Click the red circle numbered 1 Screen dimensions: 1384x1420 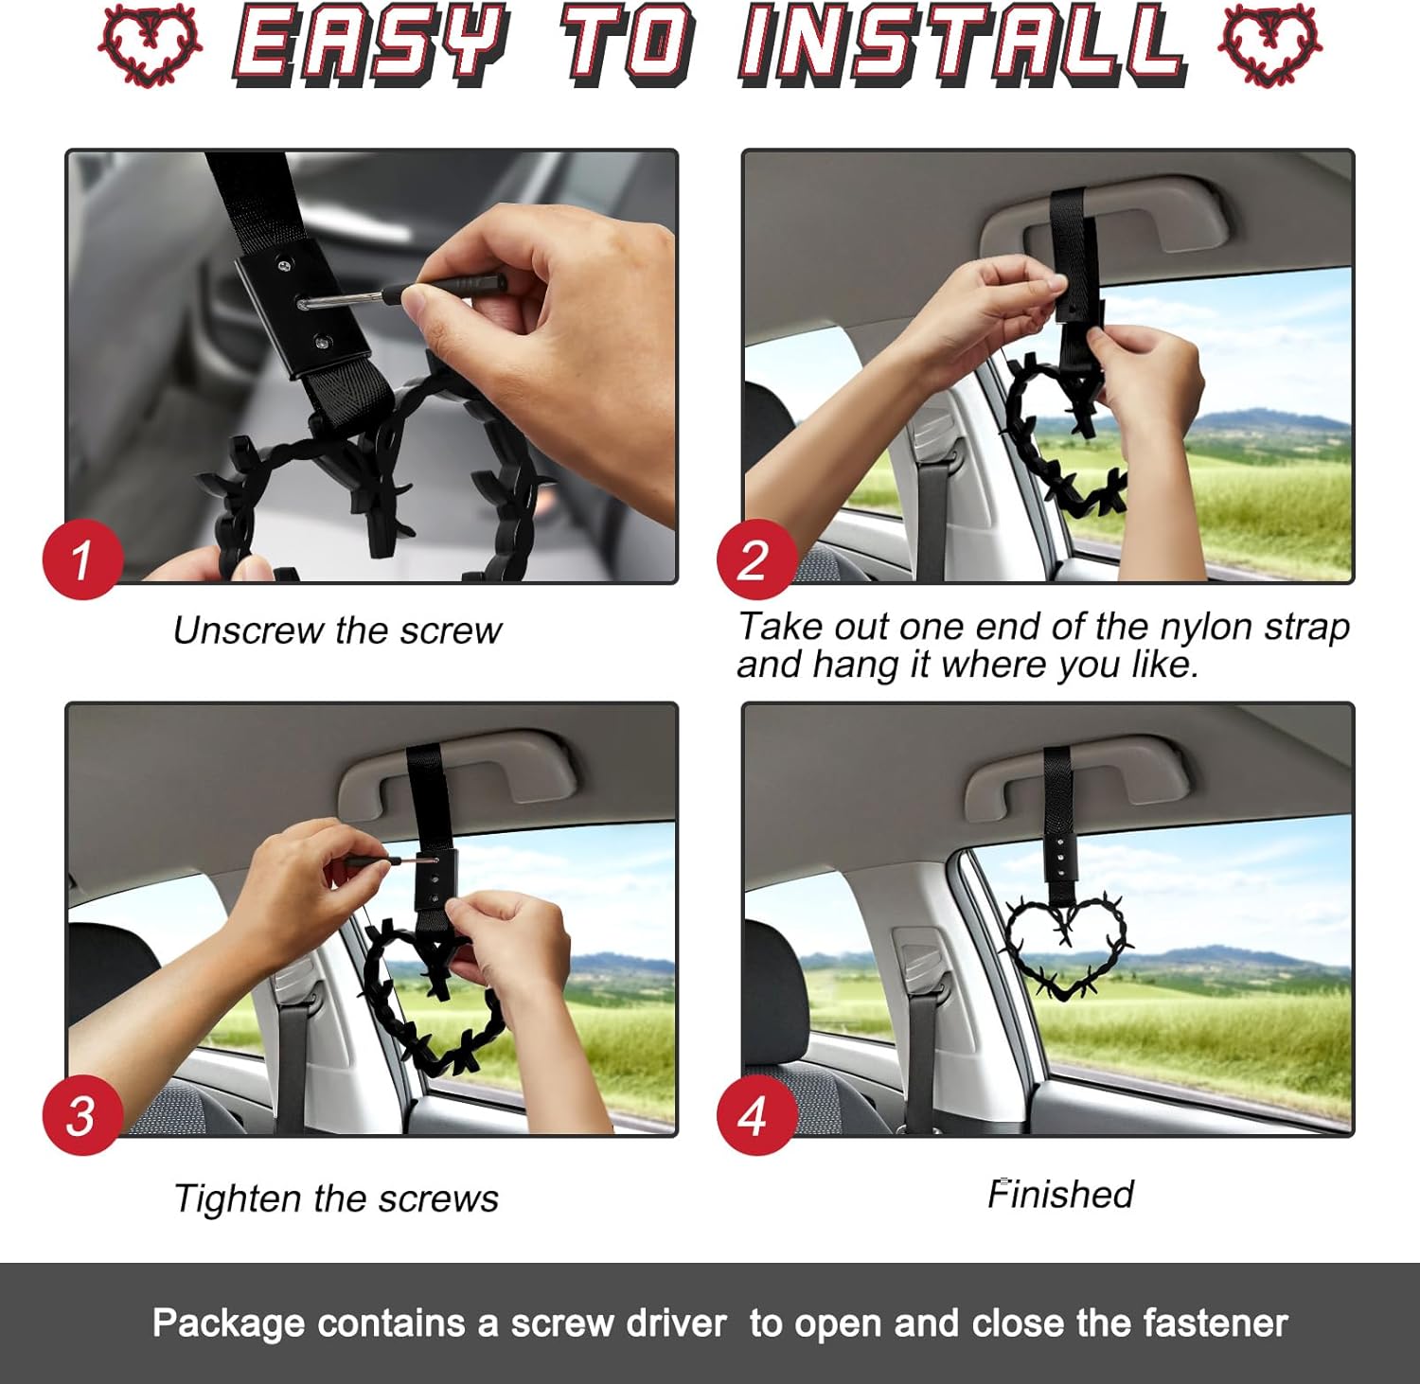pyautogui.click(x=83, y=559)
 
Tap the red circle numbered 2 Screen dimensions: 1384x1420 pyautogui.click(x=754, y=559)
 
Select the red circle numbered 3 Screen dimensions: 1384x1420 pyautogui.click(x=83, y=1114)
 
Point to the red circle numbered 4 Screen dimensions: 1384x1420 pyautogui.click(x=754, y=1114)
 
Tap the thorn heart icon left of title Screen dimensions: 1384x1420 pyautogui.click(x=151, y=44)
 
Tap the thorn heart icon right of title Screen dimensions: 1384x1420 pyautogui.click(x=1269, y=44)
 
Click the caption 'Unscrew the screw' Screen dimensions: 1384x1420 pyautogui.click(x=337, y=630)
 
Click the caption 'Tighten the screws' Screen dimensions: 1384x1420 pyautogui.click(x=336, y=1198)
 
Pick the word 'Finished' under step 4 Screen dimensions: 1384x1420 pyautogui.click(x=1060, y=1194)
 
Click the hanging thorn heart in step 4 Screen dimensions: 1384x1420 pyautogui.click(x=1067, y=947)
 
